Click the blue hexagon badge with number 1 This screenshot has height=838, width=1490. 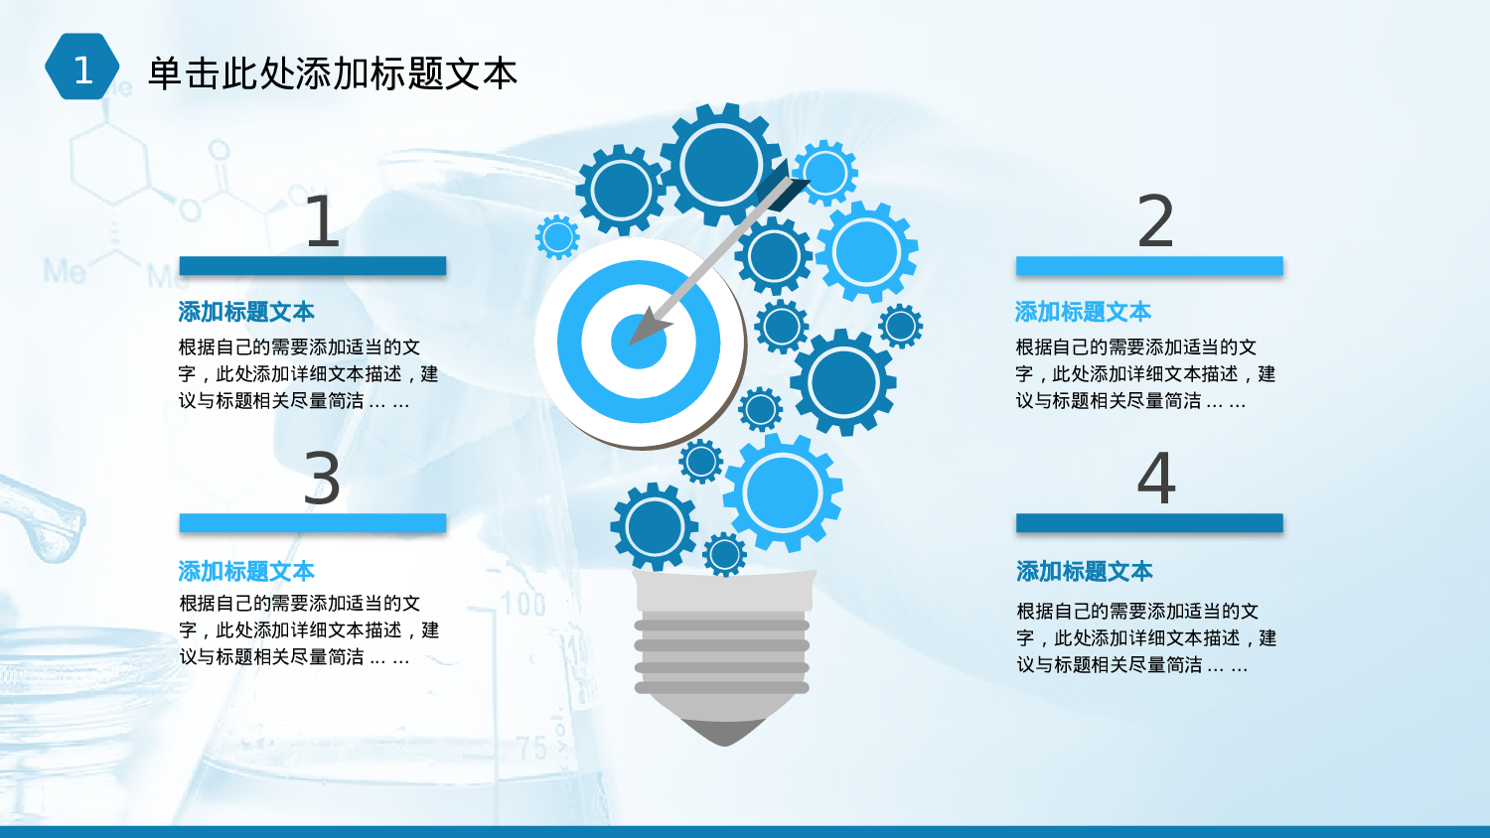point(82,68)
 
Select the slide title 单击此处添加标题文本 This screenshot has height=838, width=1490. point(332,73)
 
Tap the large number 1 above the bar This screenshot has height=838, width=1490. point(321,221)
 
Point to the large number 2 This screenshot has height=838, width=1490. point(1155,221)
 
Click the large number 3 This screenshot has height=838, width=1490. point(321,479)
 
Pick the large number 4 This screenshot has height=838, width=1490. point(1156,479)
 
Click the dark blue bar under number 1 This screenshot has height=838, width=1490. point(312,266)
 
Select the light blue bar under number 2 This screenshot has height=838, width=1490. point(1149,266)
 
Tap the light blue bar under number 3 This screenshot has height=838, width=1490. point(312,523)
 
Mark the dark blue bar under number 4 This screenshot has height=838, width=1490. point(1149,523)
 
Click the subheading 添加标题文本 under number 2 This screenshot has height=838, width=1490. point(1083,312)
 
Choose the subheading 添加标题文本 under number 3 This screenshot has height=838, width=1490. point(246,571)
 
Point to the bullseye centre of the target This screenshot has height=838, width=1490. point(638,342)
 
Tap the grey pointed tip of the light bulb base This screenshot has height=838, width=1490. point(724,733)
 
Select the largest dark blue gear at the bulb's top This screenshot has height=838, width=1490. point(720,163)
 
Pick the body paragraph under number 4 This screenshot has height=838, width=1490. point(1145,638)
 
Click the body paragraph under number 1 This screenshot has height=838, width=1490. point(308,374)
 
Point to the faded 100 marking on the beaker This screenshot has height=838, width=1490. point(522,603)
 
